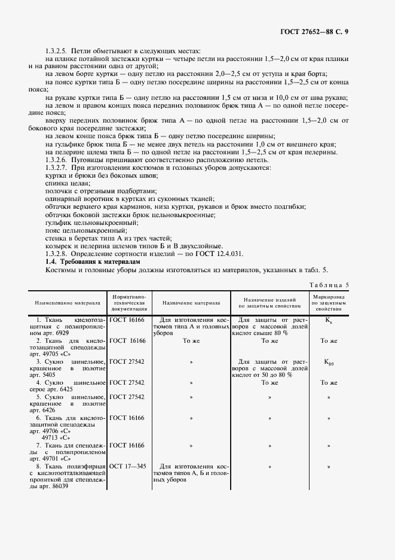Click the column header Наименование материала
pos(67,303)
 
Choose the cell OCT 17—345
pos(127,465)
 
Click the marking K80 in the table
pos(329,362)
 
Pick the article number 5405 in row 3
pos(46,375)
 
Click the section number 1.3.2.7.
pos(58,168)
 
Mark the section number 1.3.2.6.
pos(58,160)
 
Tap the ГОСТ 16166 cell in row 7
pos(127,445)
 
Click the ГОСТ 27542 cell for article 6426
pos(127,396)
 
